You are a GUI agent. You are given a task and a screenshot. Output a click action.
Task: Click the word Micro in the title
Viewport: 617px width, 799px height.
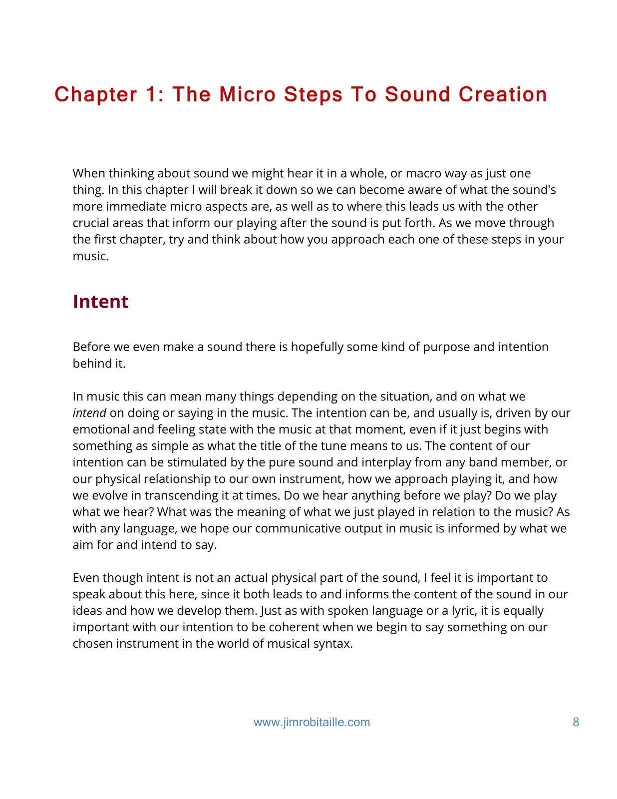[248, 94]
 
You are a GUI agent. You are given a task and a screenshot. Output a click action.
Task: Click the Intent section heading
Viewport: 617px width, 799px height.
[101, 302]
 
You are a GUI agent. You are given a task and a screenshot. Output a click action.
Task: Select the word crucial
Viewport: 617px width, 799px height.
[90, 223]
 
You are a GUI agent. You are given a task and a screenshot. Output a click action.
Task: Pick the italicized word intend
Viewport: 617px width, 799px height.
[89, 413]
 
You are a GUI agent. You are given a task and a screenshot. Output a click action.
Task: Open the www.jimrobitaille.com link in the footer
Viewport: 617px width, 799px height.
[312, 722]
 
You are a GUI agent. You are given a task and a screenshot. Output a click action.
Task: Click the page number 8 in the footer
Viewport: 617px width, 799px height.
[576, 722]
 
